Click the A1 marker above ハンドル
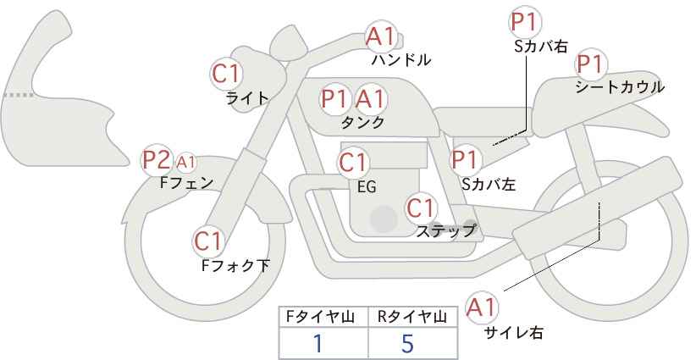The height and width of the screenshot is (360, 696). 381,36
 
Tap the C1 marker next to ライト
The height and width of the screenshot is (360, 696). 226,75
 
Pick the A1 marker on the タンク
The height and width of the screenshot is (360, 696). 371,98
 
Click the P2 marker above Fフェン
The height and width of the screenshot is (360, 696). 157,161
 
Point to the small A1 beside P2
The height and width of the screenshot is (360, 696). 186,163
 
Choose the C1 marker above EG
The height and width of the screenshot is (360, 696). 353,163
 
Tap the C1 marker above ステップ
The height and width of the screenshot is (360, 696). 422,208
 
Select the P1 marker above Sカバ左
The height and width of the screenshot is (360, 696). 466,160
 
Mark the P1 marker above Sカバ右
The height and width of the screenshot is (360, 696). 525,23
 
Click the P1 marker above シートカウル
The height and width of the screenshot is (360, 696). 591,65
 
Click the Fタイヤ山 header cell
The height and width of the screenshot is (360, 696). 323,317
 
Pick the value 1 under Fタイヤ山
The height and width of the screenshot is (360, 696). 318,343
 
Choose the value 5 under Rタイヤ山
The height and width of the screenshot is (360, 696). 407,343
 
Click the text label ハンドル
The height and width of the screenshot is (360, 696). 400,60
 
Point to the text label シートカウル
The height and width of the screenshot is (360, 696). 620,87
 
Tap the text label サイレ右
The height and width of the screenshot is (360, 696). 514,333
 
